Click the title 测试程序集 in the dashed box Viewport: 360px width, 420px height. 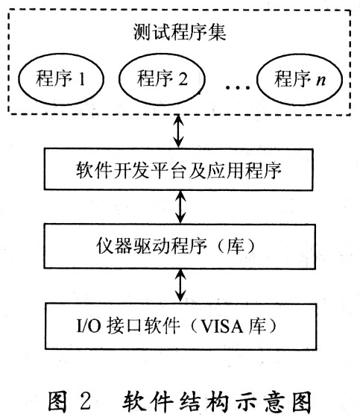point(180,32)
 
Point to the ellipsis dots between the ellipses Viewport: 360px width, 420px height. point(238,87)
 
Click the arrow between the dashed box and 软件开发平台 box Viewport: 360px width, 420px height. point(179,131)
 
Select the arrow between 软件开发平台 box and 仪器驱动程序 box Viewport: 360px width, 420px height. point(180,207)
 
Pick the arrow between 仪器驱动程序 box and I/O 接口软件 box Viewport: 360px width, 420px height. point(180,286)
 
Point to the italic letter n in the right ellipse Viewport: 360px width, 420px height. point(321,80)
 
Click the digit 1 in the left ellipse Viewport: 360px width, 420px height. point(82,79)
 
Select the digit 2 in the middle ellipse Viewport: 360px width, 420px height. point(183,79)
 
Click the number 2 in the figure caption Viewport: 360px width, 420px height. point(85,401)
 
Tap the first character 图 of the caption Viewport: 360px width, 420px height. point(58,401)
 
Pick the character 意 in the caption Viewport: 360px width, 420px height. point(274,401)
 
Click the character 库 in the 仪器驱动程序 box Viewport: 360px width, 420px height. point(236,246)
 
